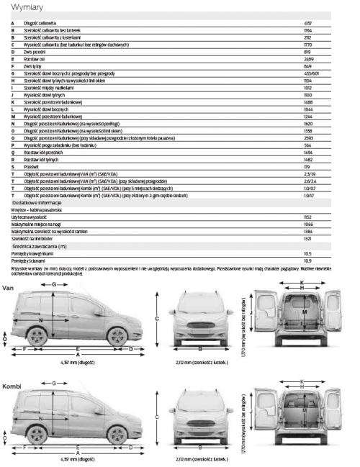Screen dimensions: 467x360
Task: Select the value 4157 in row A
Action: click(x=307, y=24)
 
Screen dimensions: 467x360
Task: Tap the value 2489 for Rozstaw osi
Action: click(x=307, y=59)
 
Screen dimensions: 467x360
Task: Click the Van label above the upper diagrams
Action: click(x=9, y=288)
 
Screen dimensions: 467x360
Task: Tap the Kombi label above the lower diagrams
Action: click(x=12, y=387)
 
